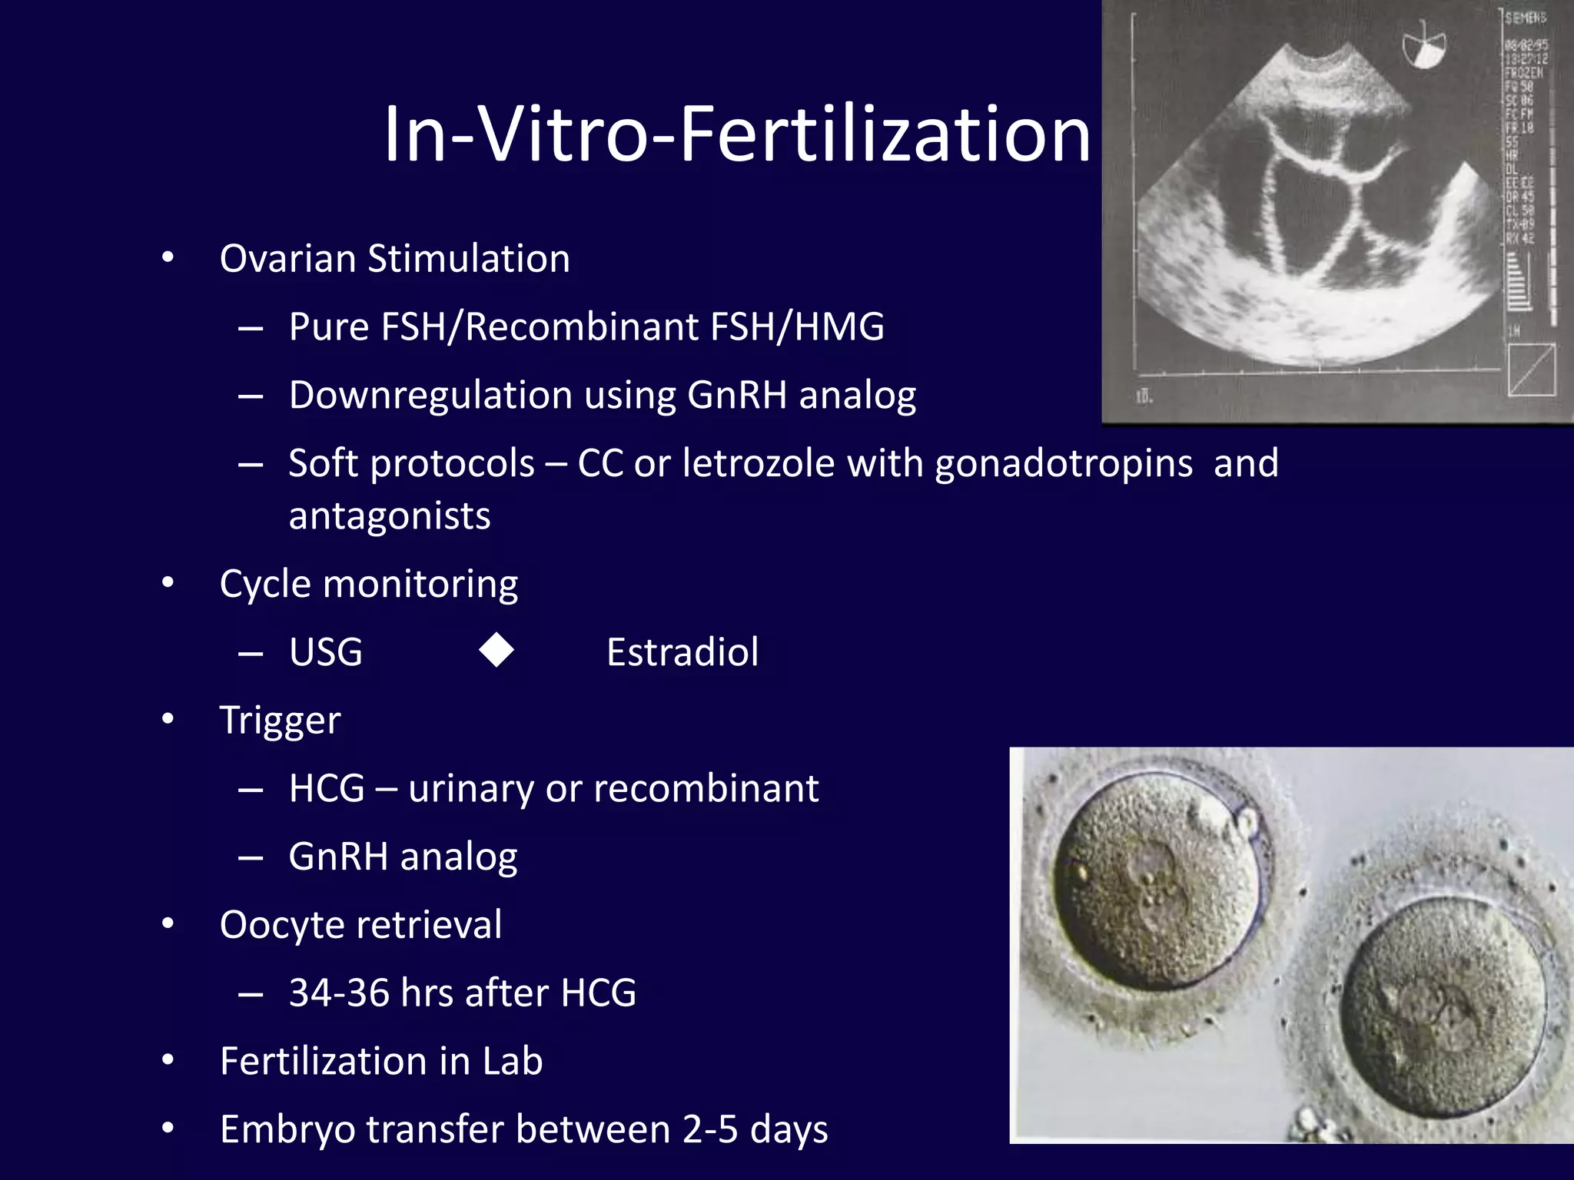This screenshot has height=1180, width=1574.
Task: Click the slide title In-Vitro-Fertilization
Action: tap(736, 134)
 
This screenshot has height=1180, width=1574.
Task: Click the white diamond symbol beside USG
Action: tap(496, 651)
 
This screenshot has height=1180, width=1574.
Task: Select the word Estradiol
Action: tap(682, 652)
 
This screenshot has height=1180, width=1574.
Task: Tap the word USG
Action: tap(326, 653)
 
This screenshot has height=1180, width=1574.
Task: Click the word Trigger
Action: tap(280, 721)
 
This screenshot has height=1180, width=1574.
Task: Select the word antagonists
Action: tap(389, 515)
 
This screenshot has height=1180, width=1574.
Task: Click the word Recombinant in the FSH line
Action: tap(581, 326)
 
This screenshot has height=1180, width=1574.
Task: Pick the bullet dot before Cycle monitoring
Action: tap(168, 583)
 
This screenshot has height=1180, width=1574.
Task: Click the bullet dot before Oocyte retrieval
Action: tap(168, 924)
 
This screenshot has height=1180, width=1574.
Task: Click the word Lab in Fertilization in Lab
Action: tap(512, 1061)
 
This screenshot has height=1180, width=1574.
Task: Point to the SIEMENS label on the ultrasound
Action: tap(1525, 18)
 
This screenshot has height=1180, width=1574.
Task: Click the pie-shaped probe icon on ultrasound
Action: tap(1423, 48)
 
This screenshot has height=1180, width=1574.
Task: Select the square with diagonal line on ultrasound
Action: tap(1531, 370)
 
